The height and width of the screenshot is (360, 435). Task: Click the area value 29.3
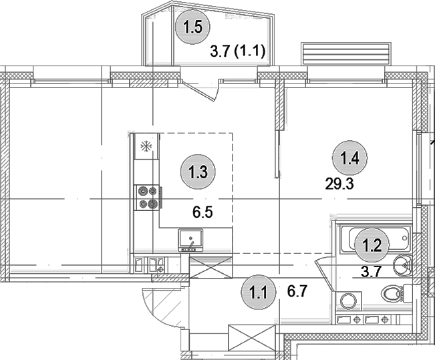tap(338, 185)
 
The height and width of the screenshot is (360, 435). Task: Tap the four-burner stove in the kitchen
tap(147, 197)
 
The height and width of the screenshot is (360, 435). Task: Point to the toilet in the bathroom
tap(394, 293)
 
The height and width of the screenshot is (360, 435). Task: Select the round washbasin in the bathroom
tap(403, 266)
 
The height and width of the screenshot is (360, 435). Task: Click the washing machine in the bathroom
tap(347, 300)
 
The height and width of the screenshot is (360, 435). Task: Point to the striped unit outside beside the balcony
tap(345, 53)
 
